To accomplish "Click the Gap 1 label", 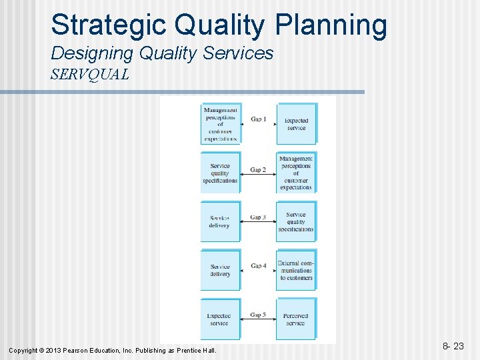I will coord(258,120).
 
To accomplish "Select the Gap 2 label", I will coord(258,170).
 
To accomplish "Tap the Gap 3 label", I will coord(258,217).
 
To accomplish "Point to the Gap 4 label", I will coord(258,266).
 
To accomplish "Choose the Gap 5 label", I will coord(258,315).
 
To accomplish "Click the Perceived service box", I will coord(296,319).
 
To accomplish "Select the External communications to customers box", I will coord(296,270).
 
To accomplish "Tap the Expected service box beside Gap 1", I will coord(296,124).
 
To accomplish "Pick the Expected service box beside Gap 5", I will coord(219,319).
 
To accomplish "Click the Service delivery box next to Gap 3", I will coord(219,222).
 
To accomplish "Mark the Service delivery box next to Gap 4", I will coord(219,270).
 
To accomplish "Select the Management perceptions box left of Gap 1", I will coord(220,124).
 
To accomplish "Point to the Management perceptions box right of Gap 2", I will coord(296,173).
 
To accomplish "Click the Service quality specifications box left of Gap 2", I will coord(219,173).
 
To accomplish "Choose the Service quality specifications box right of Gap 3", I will coord(296,222).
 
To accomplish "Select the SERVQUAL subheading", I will coord(90,74).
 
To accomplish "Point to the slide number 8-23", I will coord(455,346).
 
